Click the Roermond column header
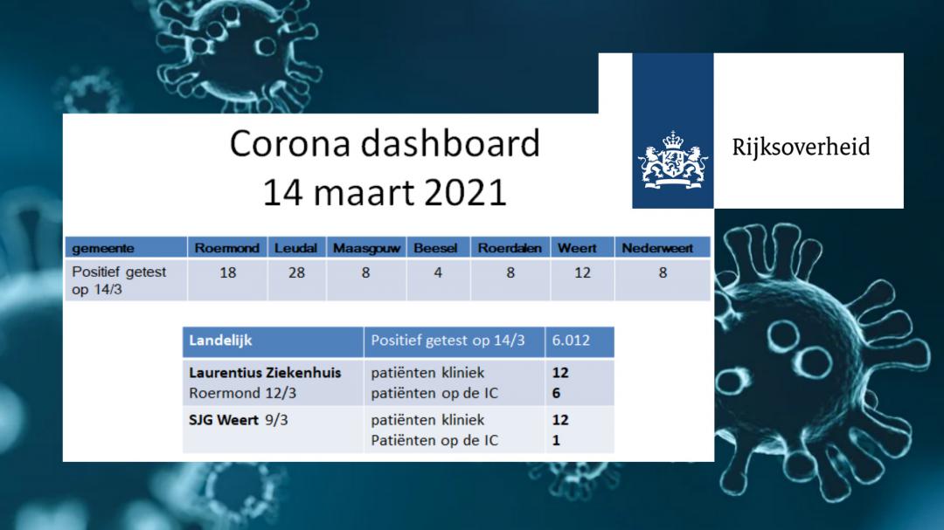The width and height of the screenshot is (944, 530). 227,248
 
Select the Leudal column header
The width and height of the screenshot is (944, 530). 295,248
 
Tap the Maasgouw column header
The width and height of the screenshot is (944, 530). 366,249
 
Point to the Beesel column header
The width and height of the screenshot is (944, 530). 435,248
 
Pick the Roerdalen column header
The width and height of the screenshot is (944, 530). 510,248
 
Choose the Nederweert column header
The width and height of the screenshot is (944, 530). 657,248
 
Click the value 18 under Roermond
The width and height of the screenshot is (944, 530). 227,272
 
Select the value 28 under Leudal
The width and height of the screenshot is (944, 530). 296,272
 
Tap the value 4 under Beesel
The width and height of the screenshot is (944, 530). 438,272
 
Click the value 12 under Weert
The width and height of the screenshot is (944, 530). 582,272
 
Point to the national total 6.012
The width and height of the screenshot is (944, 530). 571,341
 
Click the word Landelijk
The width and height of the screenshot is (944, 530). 220,341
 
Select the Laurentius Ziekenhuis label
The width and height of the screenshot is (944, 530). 265,372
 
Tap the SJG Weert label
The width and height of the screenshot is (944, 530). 224,420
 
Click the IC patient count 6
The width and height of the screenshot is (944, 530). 556,393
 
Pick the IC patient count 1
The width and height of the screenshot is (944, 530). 556,440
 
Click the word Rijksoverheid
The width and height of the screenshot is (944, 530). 801,147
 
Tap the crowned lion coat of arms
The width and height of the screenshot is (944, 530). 673,160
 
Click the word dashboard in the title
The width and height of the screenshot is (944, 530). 450,143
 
